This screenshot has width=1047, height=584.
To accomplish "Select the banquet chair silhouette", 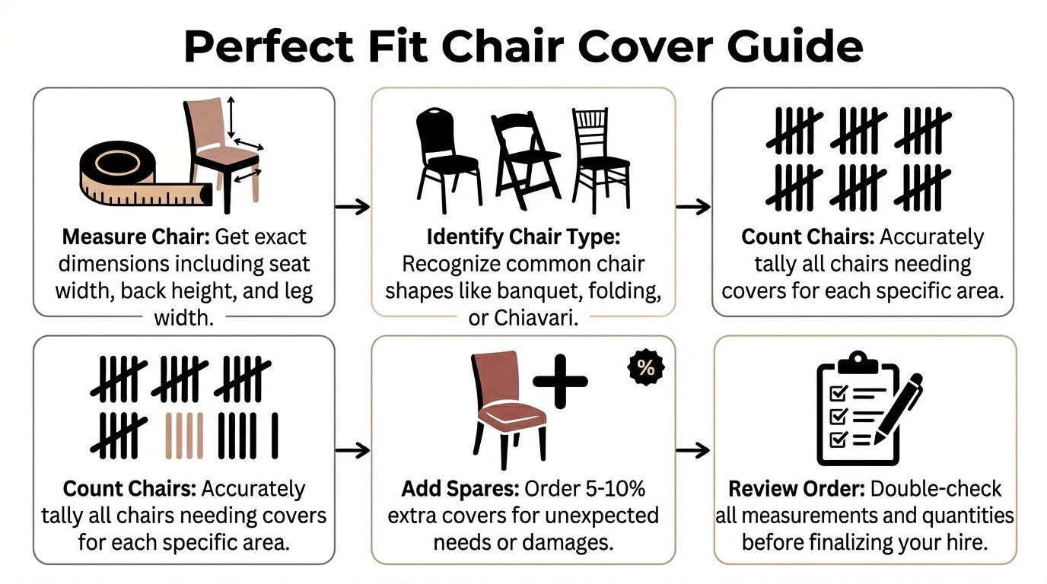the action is pyautogui.click(x=448, y=160).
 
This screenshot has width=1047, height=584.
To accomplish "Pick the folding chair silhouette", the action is pyautogui.click(x=525, y=160).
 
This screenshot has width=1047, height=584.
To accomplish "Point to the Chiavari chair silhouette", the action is pyautogui.click(x=600, y=160).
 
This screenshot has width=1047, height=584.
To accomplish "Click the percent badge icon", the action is pyautogui.click(x=646, y=368).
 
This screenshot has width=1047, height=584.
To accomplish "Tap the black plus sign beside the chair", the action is pyautogui.click(x=560, y=381).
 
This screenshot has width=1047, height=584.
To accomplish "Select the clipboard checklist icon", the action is pyautogui.click(x=858, y=408).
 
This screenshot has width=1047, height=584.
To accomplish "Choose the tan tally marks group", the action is pyautogui.click(x=185, y=436).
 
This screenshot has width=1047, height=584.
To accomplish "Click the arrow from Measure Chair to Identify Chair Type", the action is pyautogui.click(x=352, y=207).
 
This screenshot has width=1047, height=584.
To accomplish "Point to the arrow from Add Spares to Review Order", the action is pyautogui.click(x=693, y=450).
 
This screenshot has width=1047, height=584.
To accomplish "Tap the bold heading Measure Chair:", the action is pyautogui.click(x=136, y=237).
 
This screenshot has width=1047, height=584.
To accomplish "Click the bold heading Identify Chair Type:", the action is pyautogui.click(x=523, y=237).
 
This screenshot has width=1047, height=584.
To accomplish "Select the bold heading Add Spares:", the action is pyautogui.click(x=460, y=489).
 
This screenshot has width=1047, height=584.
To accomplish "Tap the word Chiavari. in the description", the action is pyautogui.click(x=536, y=318).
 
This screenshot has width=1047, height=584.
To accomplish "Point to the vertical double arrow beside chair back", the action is pyautogui.click(x=231, y=117).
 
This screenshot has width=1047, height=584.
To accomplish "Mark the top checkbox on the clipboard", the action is pyautogui.click(x=838, y=393).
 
